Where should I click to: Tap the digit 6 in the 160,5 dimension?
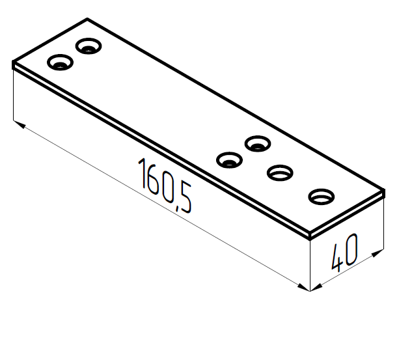click(x=153, y=180)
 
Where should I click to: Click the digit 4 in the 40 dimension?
click(x=337, y=258)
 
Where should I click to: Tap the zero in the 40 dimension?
click(x=351, y=249)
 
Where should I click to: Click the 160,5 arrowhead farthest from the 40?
click(x=20, y=124)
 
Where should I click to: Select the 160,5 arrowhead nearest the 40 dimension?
click(x=304, y=288)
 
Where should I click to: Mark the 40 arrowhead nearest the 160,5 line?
click(x=316, y=288)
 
